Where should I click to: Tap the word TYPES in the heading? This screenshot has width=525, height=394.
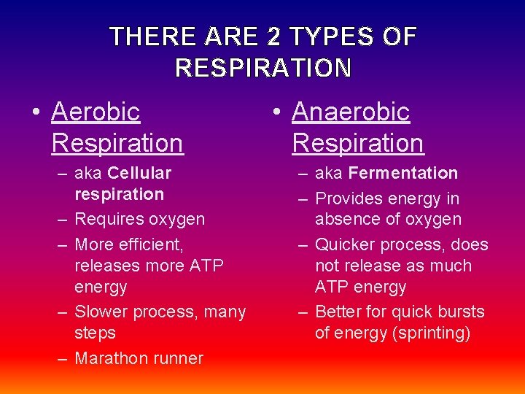tap(327, 36)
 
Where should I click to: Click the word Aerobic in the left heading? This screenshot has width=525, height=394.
tap(96, 112)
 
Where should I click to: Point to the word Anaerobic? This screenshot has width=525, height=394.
tap(351, 112)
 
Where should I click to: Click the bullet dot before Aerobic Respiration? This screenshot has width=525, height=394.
tap(36, 113)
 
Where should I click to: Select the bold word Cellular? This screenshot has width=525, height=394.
tap(139, 174)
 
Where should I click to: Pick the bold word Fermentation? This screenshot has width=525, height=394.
tap(403, 174)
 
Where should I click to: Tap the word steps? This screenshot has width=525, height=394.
tap(96, 333)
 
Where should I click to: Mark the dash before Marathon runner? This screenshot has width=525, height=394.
tap(63, 358)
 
